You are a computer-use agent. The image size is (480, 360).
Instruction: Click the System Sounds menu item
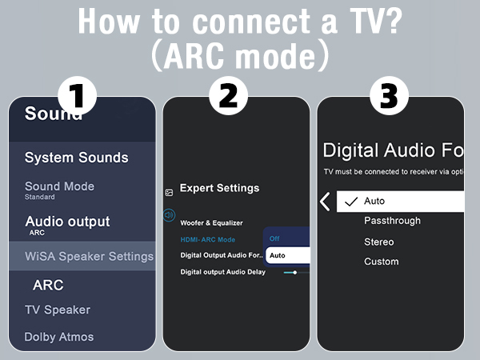[x=76, y=158]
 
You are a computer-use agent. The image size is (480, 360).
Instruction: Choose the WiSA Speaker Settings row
[x=89, y=256]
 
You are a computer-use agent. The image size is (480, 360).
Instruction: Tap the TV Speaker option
[x=57, y=310]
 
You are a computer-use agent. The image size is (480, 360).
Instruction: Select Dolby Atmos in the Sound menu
[x=58, y=337]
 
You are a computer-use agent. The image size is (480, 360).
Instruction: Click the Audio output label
[x=67, y=222]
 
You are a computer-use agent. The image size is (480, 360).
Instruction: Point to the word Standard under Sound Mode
[x=39, y=197]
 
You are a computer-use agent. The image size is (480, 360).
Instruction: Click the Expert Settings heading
[x=219, y=188]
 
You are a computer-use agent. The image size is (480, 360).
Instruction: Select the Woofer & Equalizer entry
[x=211, y=222]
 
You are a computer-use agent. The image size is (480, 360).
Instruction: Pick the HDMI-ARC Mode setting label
[x=208, y=239]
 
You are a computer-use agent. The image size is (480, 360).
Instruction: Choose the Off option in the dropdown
[x=274, y=238]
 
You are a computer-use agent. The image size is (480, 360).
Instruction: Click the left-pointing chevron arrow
[x=325, y=201]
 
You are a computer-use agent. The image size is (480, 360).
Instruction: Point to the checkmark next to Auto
[x=350, y=201]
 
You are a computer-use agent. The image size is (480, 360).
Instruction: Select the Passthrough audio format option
[x=392, y=221]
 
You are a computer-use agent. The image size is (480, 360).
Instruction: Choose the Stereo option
[x=378, y=242]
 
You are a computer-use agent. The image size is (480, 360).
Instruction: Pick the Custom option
[x=381, y=262]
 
